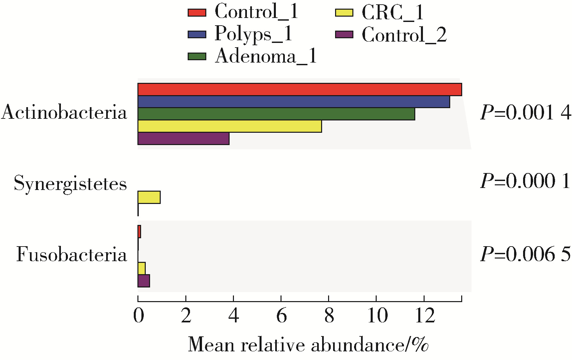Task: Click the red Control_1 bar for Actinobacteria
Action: pyautogui.click(x=299, y=90)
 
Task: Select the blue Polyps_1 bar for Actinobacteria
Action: pyautogui.click(x=293, y=102)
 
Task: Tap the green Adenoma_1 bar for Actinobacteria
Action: pyautogui.click(x=276, y=114)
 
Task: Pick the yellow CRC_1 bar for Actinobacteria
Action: pyautogui.click(x=230, y=126)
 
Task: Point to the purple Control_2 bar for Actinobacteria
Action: pyautogui.click(x=183, y=139)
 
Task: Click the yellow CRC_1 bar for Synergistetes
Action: pyautogui.click(x=149, y=197)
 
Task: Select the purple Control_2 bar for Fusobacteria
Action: pyautogui.click(x=144, y=281)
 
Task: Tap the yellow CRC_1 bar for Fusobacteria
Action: pyautogui.click(x=141, y=269)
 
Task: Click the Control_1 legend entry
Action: pyautogui.click(x=243, y=12)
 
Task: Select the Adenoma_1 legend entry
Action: pyautogui.click(x=252, y=56)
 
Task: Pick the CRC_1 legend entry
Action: pyautogui.click(x=380, y=13)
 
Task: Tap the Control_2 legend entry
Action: pyautogui.click(x=391, y=35)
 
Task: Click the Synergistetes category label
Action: pyautogui.click(x=70, y=183)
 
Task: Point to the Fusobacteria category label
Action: pyautogui.click(x=72, y=255)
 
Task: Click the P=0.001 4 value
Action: pyautogui.click(x=525, y=113)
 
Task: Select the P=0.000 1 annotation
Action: pyautogui.click(x=525, y=182)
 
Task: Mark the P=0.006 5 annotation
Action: pyautogui.click(x=525, y=255)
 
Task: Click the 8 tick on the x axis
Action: pyautogui.click(x=329, y=315)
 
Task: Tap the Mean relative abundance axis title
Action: pyautogui.click(x=308, y=345)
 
